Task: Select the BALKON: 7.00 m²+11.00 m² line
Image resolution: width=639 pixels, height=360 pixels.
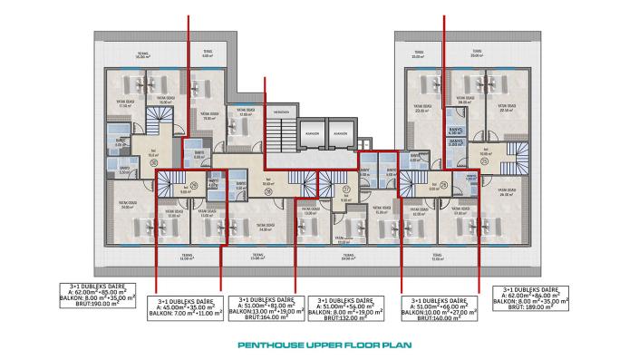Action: coord(188,314)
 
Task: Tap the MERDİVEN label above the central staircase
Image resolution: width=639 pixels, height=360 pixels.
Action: coord(282,112)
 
